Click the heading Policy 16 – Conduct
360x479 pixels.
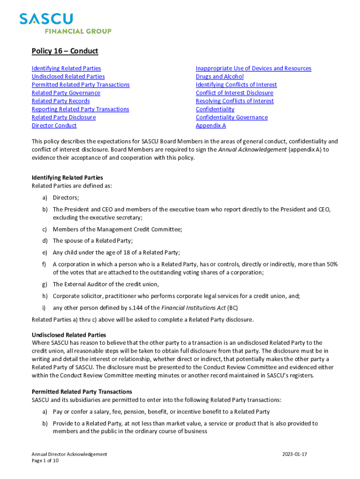[65, 51]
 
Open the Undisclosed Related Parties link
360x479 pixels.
[68, 77]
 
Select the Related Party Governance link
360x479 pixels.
[65, 93]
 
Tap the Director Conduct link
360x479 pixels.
[54, 126]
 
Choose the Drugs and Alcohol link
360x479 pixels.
[219, 77]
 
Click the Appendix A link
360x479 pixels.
[210, 126]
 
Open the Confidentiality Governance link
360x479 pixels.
[231, 117]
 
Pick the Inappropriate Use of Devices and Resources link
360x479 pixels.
[253, 68]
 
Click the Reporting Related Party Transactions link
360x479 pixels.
[80, 109]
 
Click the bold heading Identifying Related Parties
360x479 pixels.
[67, 178]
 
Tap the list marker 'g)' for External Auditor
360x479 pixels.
[45, 284]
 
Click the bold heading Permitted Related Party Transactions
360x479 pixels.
[81, 392]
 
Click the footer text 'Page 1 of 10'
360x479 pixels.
[45, 461]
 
